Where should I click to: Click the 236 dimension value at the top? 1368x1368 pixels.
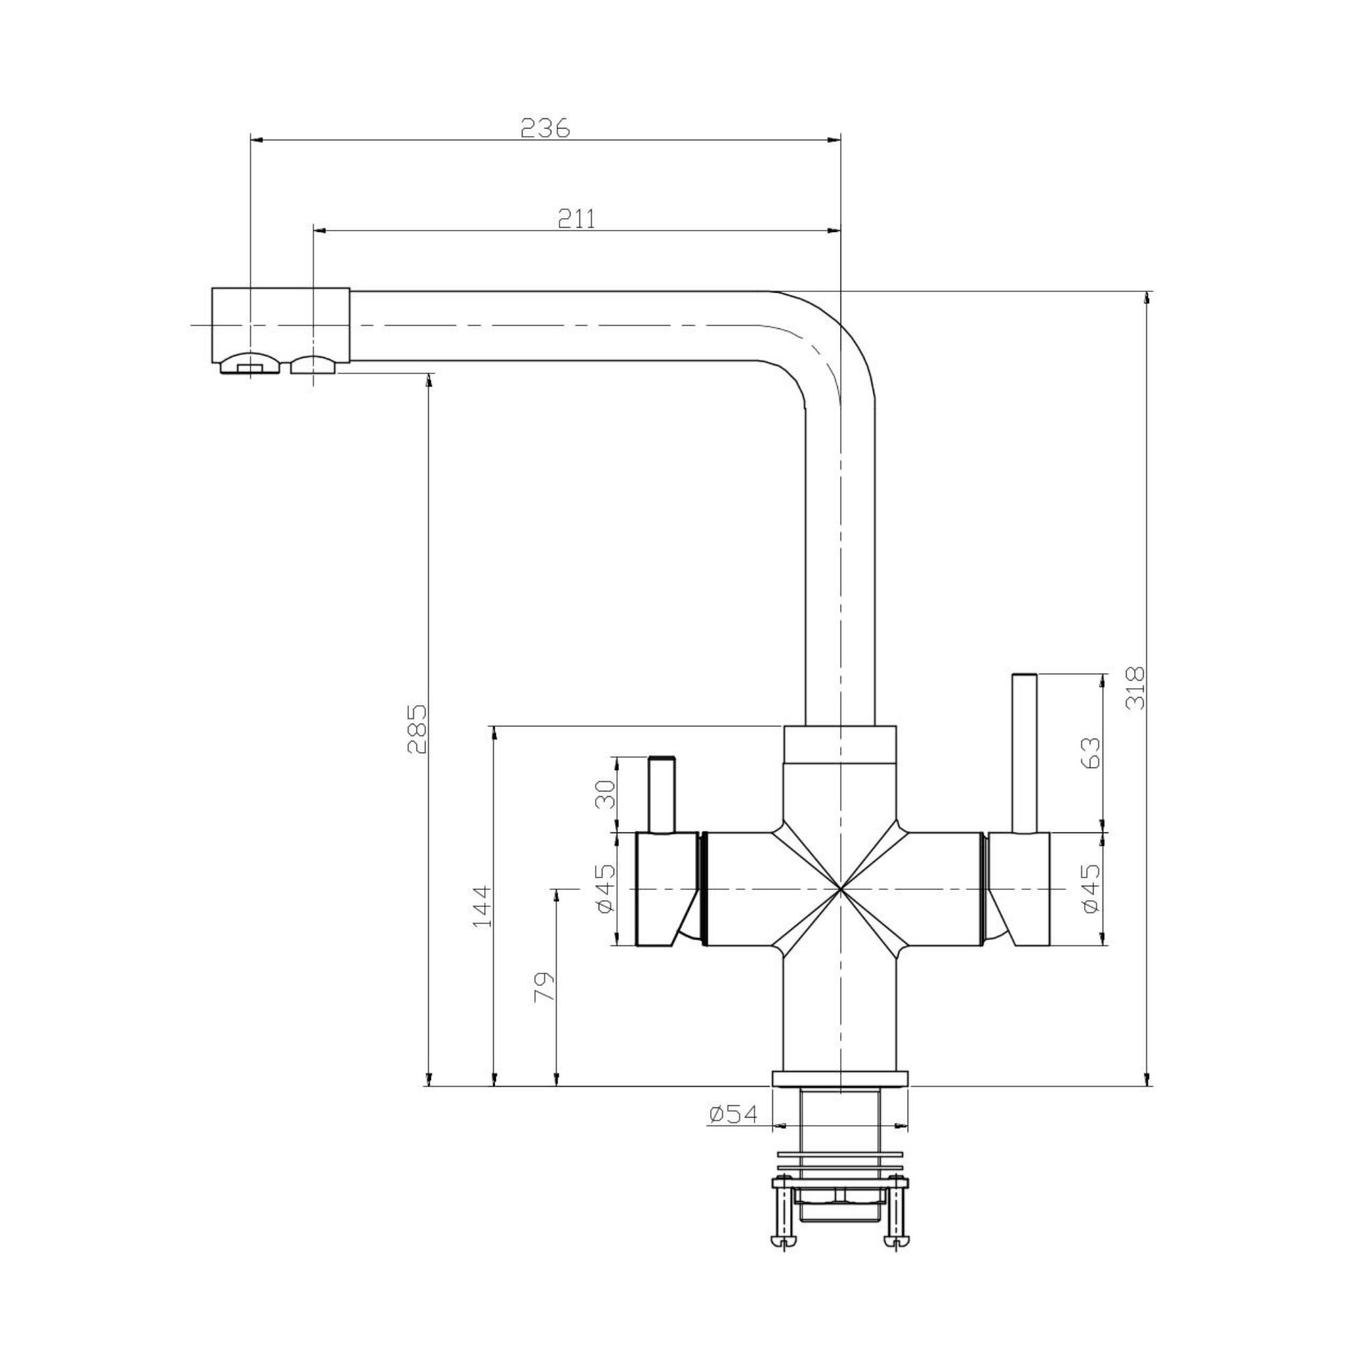pyautogui.click(x=544, y=128)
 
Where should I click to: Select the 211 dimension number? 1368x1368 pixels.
pyautogui.click(x=577, y=219)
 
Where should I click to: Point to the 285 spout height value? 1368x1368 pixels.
pyautogui.click(x=417, y=728)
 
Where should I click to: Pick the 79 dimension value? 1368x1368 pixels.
pyautogui.click(x=544, y=986)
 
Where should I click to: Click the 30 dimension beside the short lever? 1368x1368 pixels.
pyautogui.click(x=606, y=794)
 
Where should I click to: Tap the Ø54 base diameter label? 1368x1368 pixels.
pyautogui.click(x=733, y=1114)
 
